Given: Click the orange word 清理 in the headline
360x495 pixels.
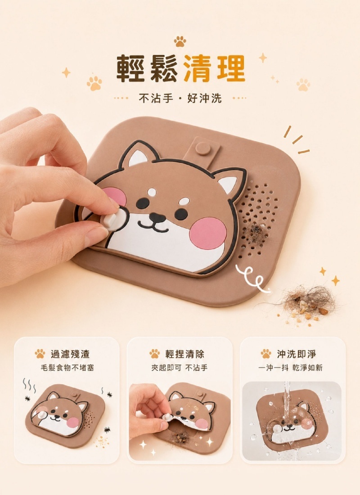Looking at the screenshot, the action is [x=214, y=68].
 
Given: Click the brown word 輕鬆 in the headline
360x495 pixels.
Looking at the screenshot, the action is [x=147, y=68].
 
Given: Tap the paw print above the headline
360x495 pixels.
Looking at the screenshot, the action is [x=180, y=41].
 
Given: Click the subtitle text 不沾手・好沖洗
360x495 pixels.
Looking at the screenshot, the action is [x=180, y=98].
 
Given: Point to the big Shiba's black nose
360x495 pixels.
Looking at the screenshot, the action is [x=157, y=216].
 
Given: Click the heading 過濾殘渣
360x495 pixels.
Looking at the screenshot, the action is [x=70, y=354].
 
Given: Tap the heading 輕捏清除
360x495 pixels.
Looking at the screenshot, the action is [x=185, y=354].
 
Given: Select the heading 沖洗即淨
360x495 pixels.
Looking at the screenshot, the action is [x=297, y=354].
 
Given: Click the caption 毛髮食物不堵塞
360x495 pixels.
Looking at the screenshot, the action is [x=67, y=368].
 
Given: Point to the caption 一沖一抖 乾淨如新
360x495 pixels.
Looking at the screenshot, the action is [x=290, y=368].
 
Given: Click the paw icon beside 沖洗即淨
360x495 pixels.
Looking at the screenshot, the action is [x=266, y=354].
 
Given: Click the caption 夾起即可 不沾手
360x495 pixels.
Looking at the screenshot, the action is [x=180, y=368].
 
